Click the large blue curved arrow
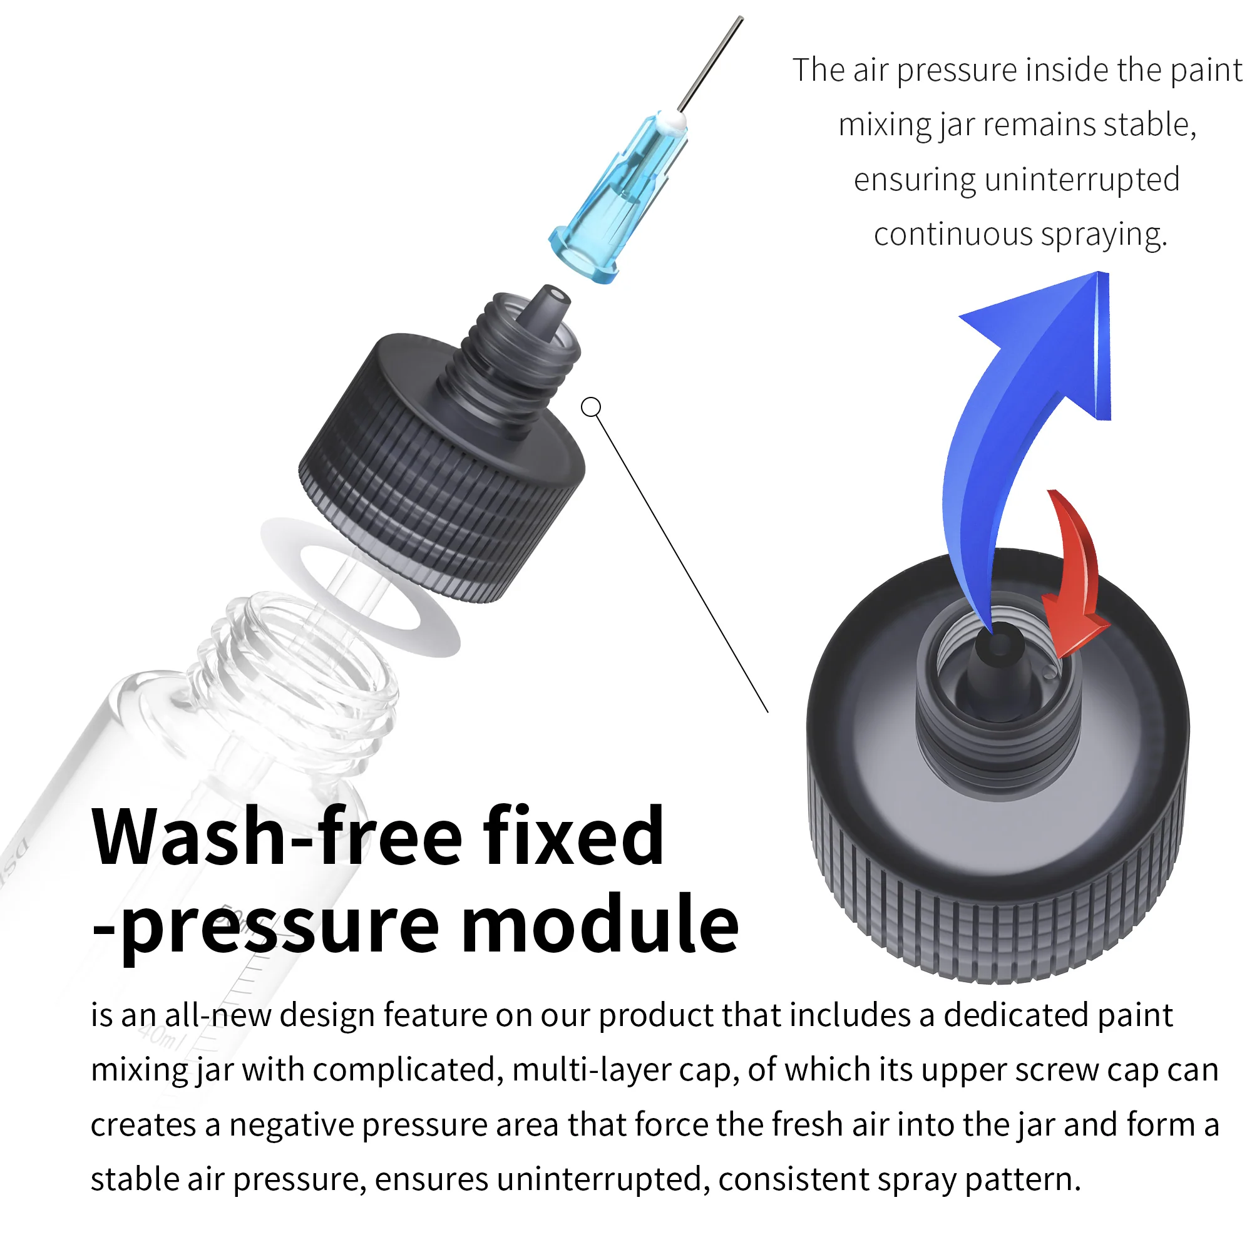click(x=1011, y=415)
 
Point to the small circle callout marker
click(x=591, y=408)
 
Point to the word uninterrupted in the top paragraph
click(x=1082, y=180)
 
